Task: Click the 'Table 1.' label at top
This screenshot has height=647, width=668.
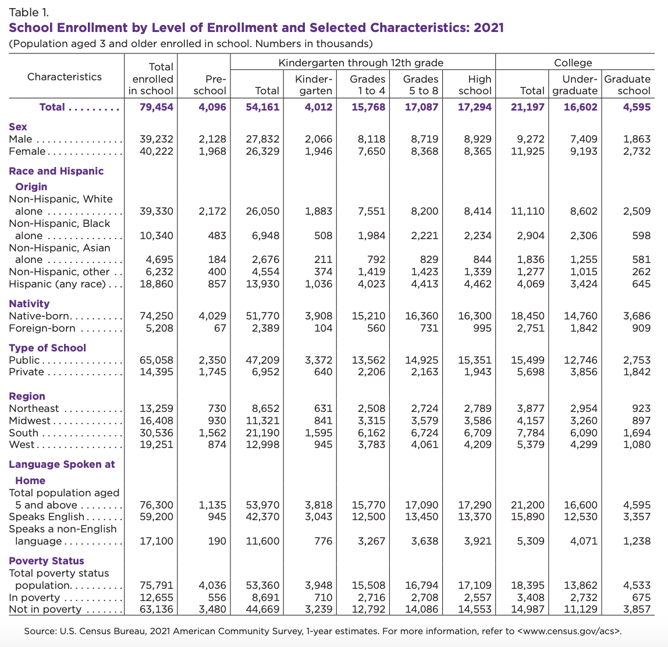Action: click(x=29, y=12)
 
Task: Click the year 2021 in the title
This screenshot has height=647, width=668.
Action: click(x=488, y=27)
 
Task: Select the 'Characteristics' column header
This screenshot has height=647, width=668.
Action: click(x=65, y=77)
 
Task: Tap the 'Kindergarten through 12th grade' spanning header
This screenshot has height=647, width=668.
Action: click(x=361, y=63)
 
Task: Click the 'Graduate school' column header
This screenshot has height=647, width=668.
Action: click(x=627, y=84)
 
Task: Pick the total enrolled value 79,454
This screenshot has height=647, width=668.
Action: click(x=157, y=107)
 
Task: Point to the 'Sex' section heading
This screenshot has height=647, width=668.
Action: click(x=18, y=126)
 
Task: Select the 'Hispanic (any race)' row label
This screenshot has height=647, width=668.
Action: click(x=57, y=284)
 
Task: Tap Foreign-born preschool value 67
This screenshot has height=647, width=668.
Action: click(x=219, y=328)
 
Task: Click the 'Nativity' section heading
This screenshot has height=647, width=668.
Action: click(x=29, y=303)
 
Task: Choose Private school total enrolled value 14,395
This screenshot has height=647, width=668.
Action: click(x=157, y=372)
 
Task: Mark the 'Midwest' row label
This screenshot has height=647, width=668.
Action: click(x=30, y=421)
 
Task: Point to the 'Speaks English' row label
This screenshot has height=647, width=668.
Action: click(x=47, y=517)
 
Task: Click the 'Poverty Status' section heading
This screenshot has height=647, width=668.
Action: click(x=47, y=560)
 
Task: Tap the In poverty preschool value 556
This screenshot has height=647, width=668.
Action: click(x=216, y=598)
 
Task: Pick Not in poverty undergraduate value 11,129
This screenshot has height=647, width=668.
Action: click(x=580, y=609)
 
